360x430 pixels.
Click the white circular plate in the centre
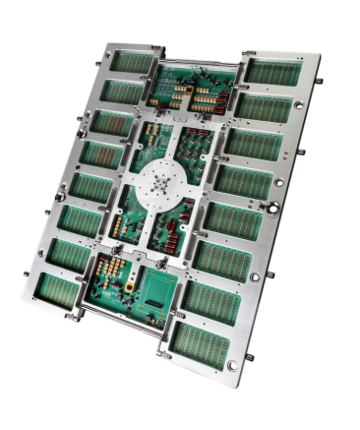tap(161, 183)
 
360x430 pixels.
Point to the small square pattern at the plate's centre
tap(161, 183)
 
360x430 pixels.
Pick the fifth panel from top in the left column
tap(90, 187)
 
